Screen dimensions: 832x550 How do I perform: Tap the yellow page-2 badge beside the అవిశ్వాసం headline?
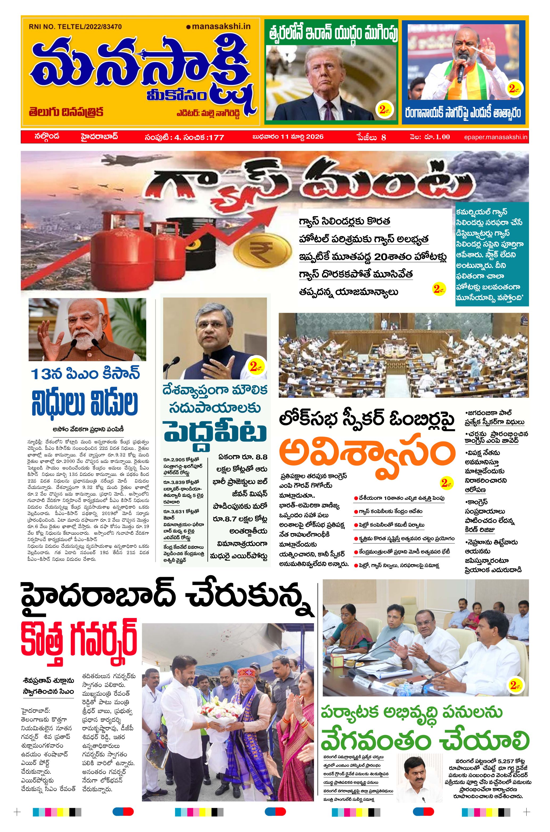[445, 483]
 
